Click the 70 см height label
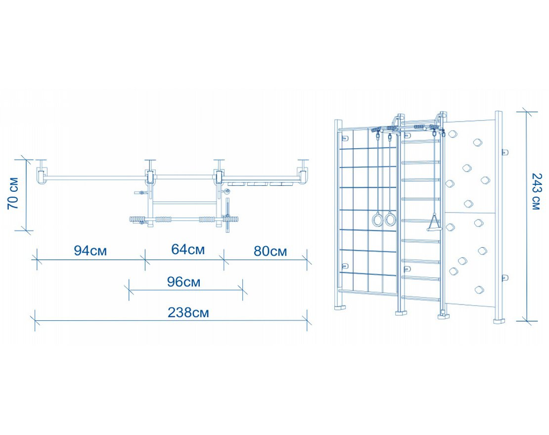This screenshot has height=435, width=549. (x=14, y=193)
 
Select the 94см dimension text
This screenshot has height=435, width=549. (x=91, y=251)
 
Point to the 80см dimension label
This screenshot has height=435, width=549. (x=270, y=251)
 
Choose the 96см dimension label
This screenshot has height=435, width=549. (x=183, y=282)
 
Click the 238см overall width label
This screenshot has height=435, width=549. (x=188, y=313)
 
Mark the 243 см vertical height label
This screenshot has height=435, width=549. (x=535, y=191)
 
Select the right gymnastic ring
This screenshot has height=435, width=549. (x=391, y=219)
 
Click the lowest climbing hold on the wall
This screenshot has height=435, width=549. (x=479, y=290)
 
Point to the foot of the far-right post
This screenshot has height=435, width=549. (x=499, y=320)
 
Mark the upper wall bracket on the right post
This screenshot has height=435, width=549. (x=504, y=152)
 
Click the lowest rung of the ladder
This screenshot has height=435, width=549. (x=421, y=298)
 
